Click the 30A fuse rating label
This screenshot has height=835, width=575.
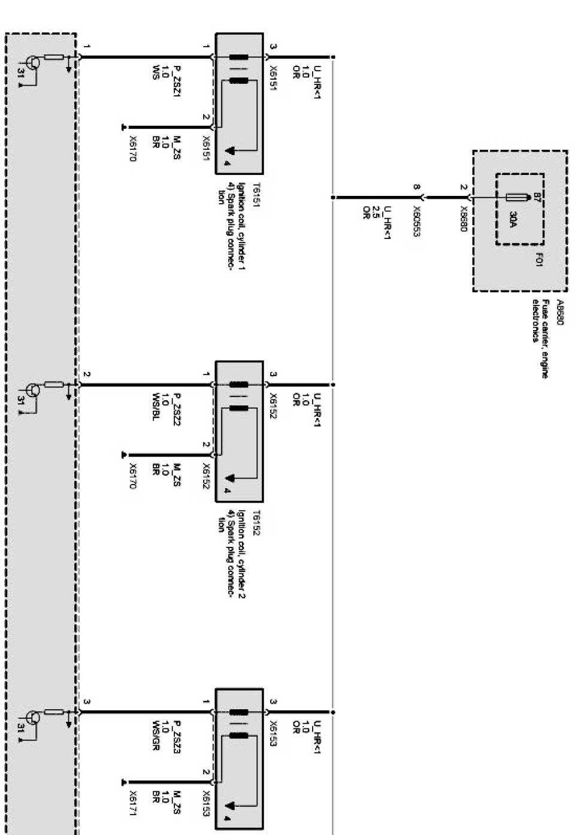click(x=513, y=219)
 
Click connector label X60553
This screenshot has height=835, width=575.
click(x=415, y=221)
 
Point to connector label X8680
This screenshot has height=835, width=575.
click(x=464, y=219)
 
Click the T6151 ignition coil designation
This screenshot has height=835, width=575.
click(x=256, y=195)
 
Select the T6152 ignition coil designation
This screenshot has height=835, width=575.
click(x=256, y=522)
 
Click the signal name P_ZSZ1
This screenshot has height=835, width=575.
click(x=177, y=78)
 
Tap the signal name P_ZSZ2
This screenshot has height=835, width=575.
click(x=177, y=407)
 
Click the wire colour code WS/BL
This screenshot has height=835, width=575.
click(x=156, y=407)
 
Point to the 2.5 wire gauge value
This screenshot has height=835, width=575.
click(x=376, y=211)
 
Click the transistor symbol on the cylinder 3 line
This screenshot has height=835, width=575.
click(x=34, y=717)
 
